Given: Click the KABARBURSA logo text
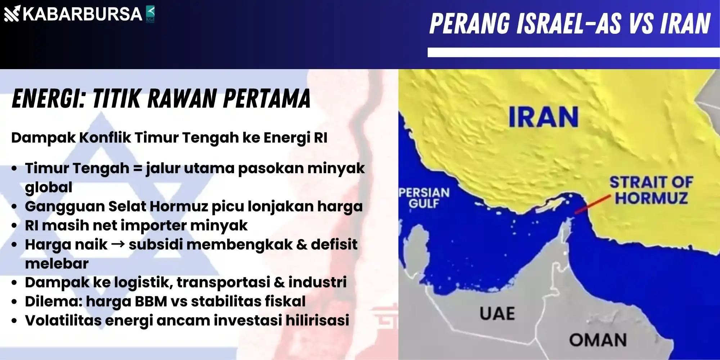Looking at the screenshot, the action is [82, 14].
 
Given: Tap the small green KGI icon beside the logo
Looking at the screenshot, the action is [150, 14].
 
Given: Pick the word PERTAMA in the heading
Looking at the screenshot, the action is [267, 98].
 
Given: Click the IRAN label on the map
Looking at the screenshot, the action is [543, 117].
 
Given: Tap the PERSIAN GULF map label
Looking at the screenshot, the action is [424, 198].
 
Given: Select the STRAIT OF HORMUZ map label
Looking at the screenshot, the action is [651, 190].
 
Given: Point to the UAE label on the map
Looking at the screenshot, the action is [497, 314].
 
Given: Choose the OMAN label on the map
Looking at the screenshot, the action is [598, 340].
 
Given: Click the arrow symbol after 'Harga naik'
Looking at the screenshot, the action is [118, 244].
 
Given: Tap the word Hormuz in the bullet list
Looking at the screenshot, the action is [179, 206].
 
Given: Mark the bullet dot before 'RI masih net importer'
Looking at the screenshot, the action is [14, 226].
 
